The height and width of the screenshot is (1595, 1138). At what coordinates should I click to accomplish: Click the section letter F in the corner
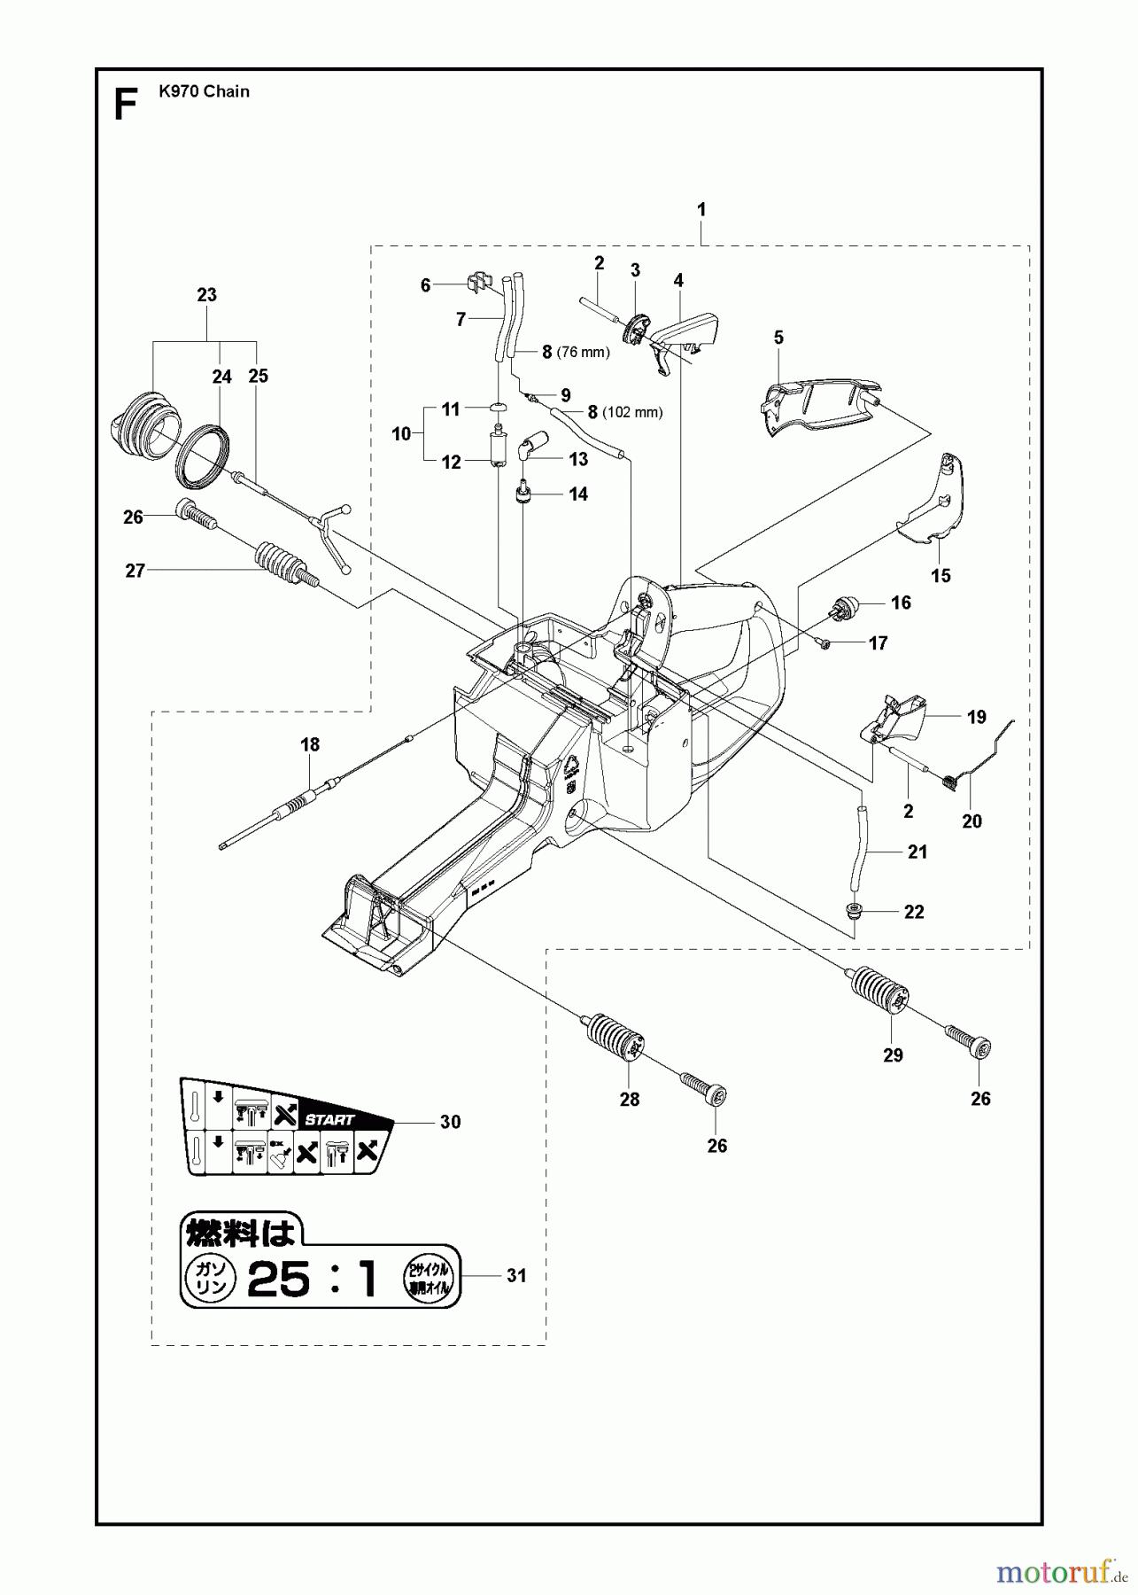click(126, 105)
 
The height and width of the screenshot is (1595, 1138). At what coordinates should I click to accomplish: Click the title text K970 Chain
click(204, 91)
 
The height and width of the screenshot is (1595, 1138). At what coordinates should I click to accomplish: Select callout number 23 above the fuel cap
click(206, 295)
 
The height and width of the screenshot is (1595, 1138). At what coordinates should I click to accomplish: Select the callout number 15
click(941, 576)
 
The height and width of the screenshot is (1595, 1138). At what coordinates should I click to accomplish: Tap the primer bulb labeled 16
click(842, 612)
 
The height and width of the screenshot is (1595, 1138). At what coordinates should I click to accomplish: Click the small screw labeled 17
click(823, 644)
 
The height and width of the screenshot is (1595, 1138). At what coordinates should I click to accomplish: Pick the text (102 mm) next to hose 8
click(632, 413)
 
